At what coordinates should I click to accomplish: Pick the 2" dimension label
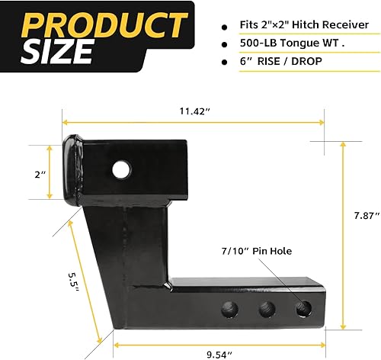[40, 175]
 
